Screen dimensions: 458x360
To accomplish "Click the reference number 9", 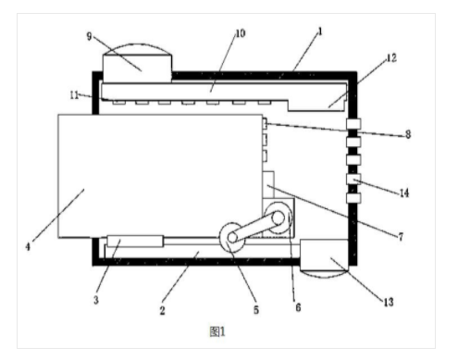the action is click(89, 36).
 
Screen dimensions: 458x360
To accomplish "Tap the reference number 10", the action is click(241, 33).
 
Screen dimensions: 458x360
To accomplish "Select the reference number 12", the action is click(391, 57).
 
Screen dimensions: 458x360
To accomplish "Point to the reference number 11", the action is click(74, 95).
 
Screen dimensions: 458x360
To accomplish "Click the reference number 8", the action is click(408, 134).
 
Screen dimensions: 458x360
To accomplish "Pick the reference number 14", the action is click(404, 193).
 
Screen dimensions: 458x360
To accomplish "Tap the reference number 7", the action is click(401, 237).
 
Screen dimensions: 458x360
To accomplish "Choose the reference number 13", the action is click(389, 302).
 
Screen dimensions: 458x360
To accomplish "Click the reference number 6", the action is click(298, 307).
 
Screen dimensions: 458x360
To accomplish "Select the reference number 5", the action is click(256, 310).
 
